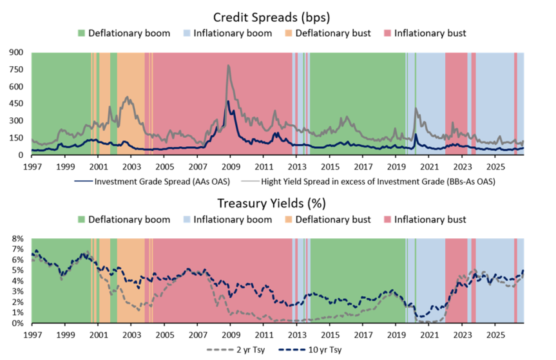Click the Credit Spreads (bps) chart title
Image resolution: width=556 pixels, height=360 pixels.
[x=271, y=17]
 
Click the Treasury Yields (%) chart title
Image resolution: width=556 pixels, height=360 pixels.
[x=271, y=204]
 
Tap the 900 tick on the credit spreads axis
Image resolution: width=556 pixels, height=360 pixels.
[x=16, y=52]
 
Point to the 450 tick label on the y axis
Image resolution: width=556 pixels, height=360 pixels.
[x=16, y=104]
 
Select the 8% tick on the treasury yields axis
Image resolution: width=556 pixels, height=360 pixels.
[x=17, y=239]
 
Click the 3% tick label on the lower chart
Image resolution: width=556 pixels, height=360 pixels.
[x=17, y=292]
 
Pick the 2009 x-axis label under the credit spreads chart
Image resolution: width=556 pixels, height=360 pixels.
[x=231, y=167]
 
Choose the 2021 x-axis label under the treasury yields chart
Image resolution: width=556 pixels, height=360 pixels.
[x=430, y=335]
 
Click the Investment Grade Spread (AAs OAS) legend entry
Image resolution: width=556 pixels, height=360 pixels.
[x=152, y=182]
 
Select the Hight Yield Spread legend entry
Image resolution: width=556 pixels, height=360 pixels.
[x=368, y=182]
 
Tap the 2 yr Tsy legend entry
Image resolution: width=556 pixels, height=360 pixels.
[x=236, y=350]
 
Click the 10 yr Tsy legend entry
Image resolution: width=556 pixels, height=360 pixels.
[x=310, y=350]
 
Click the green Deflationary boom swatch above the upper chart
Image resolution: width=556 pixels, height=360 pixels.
[x=82, y=33]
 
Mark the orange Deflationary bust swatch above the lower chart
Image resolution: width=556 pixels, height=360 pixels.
[x=289, y=220]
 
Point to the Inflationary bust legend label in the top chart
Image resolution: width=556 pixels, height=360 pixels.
[x=430, y=33]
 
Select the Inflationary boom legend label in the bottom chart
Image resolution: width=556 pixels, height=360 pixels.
[x=233, y=220]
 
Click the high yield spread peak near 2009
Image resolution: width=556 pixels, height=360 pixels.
[x=228, y=65]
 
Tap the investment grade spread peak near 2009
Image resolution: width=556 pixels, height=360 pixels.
[x=228, y=101]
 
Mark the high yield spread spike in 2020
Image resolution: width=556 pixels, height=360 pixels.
[x=416, y=108]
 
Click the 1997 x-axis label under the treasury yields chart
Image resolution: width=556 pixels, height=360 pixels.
[x=32, y=335]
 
